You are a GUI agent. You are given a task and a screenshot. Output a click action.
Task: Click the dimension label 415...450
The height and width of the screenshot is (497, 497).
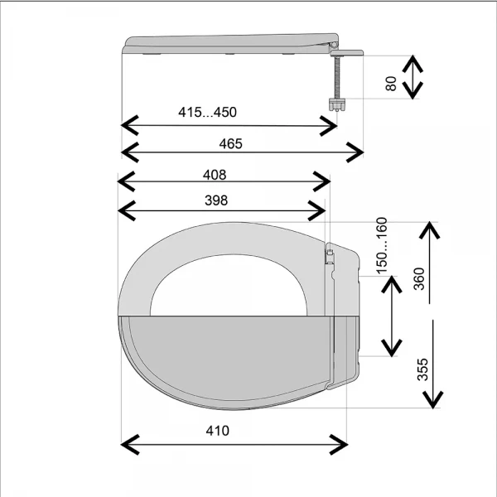tap(207, 112)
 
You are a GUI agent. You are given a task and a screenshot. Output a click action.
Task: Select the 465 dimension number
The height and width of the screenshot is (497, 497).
tap(231, 144)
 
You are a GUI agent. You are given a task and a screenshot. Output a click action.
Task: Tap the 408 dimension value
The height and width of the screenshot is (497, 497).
tap(215, 175)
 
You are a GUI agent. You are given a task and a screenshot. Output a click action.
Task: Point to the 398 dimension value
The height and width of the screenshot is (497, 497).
tap(216, 200)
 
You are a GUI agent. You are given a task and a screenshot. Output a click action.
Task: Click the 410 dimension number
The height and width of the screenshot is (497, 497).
tap(217, 431)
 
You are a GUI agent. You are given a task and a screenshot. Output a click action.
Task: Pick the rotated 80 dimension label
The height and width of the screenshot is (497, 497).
tap(391, 84)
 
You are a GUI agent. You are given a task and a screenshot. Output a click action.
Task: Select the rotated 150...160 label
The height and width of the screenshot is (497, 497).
tap(382, 245)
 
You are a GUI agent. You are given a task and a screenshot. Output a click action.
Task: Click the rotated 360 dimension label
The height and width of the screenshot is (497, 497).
tap(419, 279)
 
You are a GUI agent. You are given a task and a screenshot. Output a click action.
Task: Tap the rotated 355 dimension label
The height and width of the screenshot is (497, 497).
tap(422, 369)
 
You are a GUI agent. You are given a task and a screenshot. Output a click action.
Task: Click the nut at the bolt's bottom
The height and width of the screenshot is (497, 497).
tap(337, 105)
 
